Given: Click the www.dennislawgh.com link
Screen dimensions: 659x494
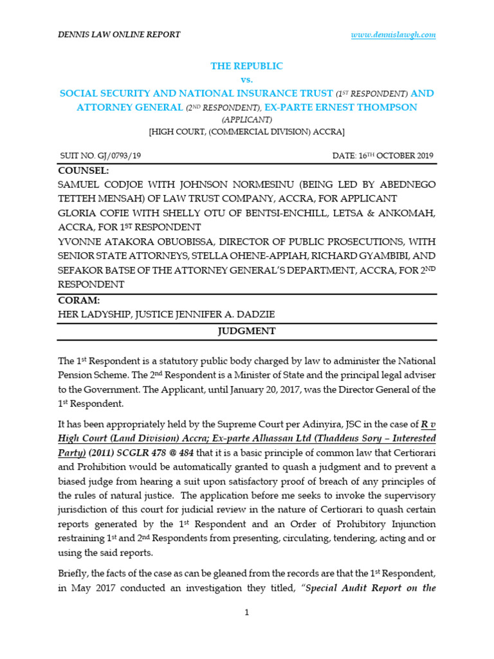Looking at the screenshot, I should point(393,35).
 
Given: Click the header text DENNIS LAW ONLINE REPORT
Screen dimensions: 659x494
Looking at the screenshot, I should point(119,35).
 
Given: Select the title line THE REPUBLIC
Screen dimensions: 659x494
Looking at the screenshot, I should point(247,66).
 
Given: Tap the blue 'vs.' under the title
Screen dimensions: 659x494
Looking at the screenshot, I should point(247,80).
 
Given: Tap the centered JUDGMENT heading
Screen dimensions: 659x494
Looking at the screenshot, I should point(247,331).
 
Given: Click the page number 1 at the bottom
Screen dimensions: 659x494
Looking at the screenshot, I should point(247,613).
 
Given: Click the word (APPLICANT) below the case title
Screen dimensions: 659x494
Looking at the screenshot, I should point(247,120).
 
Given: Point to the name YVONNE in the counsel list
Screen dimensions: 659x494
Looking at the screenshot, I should point(80,242).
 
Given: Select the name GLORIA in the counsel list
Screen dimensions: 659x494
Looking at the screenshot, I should point(78,213).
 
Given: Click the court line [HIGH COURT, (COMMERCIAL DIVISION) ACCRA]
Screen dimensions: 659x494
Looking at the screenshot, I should point(247,132).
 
